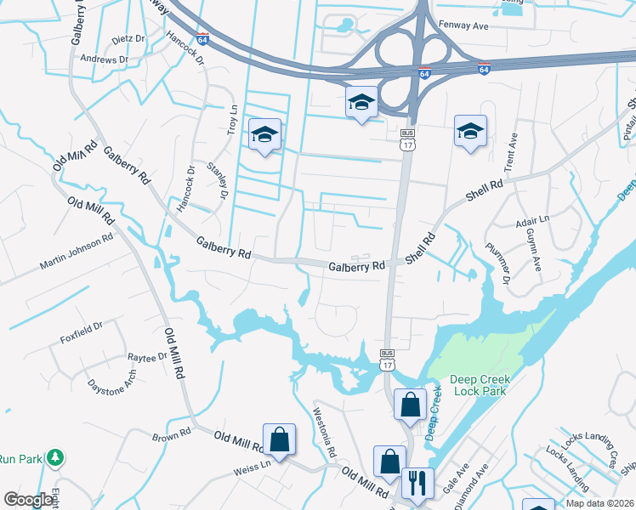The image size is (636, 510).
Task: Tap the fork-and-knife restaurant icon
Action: pyautogui.click(x=417, y=483)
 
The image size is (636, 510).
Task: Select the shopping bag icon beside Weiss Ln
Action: pyautogui.click(x=279, y=439)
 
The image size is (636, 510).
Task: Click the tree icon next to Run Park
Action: pyautogui.click(x=55, y=457)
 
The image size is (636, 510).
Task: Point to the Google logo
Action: pyautogui.click(x=28, y=500)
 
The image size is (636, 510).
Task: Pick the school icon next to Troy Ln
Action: pyautogui.click(x=264, y=134)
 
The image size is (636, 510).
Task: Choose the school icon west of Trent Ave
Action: pyautogui.click(x=470, y=131)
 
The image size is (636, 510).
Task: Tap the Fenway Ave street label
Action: pyautogui.click(x=463, y=25)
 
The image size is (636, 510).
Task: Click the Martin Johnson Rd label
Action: pyautogui.click(x=76, y=255)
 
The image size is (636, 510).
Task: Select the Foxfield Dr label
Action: pyautogui.click(x=82, y=331)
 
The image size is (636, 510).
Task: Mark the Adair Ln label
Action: pyautogui.click(x=533, y=223)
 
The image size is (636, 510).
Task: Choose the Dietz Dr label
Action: pyautogui.click(x=128, y=39)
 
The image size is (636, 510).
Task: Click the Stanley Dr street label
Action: pyautogui.click(x=220, y=180)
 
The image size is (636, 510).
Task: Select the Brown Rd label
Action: pyautogui.click(x=171, y=436)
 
